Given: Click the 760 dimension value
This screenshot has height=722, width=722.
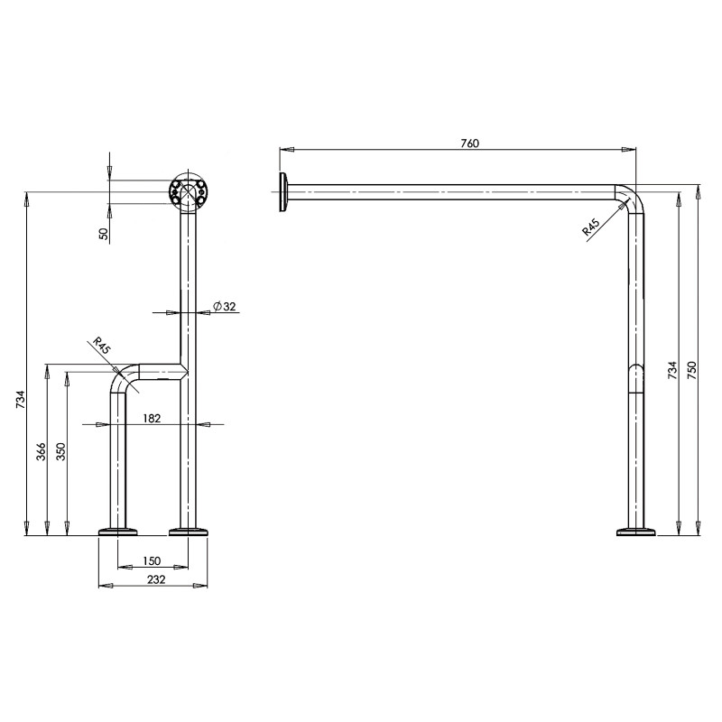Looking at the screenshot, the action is [x=469, y=143].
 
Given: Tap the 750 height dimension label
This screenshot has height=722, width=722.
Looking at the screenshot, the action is [x=692, y=370].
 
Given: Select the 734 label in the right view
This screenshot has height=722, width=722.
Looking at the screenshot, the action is [x=672, y=370].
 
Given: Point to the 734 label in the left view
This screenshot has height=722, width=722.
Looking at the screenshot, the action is [x=21, y=400].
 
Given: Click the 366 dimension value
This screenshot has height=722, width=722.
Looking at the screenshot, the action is [x=42, y=452].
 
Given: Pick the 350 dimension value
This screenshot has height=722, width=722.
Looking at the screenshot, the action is [x=60, y=452].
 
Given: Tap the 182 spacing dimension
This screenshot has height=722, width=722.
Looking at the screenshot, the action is [x=152, y=418].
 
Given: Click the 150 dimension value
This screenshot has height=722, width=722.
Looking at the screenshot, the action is [x=152, y=560].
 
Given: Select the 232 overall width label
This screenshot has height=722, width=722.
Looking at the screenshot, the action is [x=156, y=579].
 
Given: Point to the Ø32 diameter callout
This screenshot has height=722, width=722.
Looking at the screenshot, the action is [x=225, y=306].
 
